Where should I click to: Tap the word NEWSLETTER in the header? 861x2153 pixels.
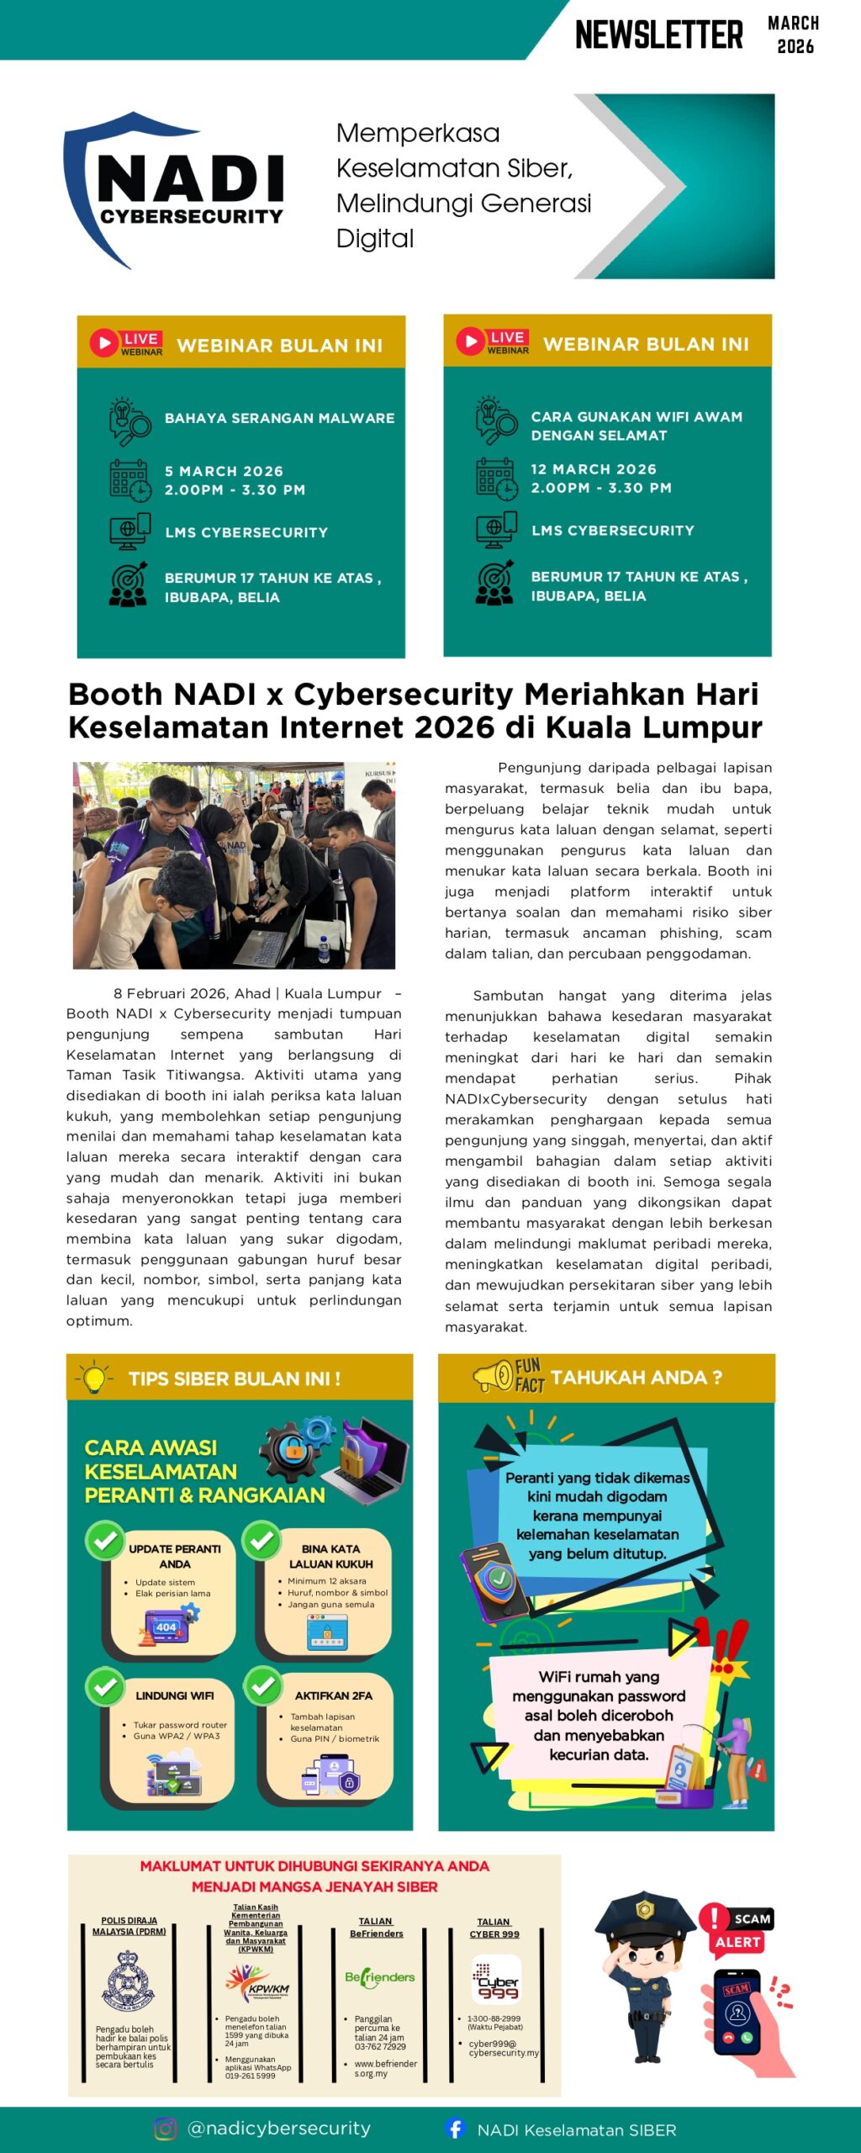[658, 35]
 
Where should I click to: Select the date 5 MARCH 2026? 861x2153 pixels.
[224, 471]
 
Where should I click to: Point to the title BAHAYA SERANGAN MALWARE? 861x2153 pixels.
[279, 418]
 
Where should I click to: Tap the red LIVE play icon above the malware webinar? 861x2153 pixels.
[104, 343]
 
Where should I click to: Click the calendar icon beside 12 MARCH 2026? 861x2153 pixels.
[494, 479]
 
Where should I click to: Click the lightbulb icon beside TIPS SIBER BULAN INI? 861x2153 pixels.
[94, 1378]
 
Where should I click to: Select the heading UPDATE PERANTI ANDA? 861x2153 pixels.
[175, 1556]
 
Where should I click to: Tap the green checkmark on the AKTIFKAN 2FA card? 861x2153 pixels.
[263, 1685]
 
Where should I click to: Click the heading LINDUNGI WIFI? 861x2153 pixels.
[175, 1695]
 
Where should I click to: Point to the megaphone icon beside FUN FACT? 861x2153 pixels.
[493, 1376]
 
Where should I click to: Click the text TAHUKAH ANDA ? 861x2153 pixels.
[637, 1378]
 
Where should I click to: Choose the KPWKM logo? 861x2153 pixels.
[256, 1983]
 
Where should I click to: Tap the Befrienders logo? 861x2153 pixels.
[379, 1977]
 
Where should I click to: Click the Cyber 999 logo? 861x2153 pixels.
[495, 1981]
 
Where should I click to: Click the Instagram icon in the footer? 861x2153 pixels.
[166, 2129]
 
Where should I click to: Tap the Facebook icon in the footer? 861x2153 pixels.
[455, 2129]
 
